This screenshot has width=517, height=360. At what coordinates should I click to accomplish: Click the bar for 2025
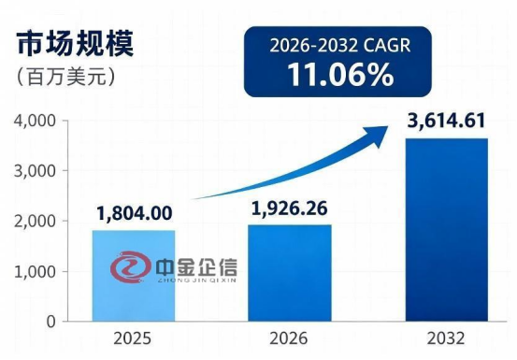pos(134,276)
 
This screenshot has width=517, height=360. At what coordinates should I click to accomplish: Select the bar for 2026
pos(290,273)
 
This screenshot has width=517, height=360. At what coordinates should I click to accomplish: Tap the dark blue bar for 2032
pos(447,230)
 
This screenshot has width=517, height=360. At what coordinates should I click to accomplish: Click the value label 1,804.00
pos(135,213)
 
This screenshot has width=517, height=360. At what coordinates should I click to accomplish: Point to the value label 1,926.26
pos(290,209)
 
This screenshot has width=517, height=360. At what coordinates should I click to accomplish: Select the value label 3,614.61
pos(447,121)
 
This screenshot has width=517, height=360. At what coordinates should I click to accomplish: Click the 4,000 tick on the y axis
pos(35,121)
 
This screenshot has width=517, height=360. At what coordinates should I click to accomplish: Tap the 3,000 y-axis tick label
pos(35,171)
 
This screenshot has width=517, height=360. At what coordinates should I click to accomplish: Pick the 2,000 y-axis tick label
pos(35,222)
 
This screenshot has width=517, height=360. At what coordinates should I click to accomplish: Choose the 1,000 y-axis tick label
pos(35,272)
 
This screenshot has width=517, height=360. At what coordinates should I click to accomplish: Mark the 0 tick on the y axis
pos(51,322)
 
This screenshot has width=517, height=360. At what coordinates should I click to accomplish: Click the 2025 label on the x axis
pos(132,338)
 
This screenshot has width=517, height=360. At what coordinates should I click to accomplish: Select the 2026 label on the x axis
pos(288,338)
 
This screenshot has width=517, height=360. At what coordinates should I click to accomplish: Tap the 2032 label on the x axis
pos(446,338)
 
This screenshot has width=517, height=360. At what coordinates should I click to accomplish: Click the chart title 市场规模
pos(76,44)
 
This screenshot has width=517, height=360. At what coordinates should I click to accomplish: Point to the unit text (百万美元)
pos(66,77)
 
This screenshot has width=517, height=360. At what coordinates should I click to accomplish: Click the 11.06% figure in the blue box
pos(340,75)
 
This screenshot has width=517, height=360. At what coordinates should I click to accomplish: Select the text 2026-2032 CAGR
pos(340,46)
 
